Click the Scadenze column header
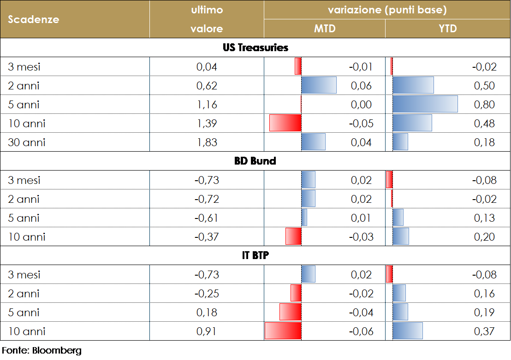34,19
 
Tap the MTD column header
325,29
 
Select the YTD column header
448,29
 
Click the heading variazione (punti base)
387,10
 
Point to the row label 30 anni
27,142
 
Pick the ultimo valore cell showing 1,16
207,105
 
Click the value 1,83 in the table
207,142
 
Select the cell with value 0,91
207,331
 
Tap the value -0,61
207,218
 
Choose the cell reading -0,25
207,294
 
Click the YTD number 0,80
484,105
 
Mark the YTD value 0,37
484,331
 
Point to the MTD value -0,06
361,331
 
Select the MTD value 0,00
361,105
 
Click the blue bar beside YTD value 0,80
425,104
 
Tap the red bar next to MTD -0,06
283,331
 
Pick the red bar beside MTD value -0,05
285,124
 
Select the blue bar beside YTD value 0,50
413,86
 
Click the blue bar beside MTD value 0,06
319,86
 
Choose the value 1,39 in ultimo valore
207,124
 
